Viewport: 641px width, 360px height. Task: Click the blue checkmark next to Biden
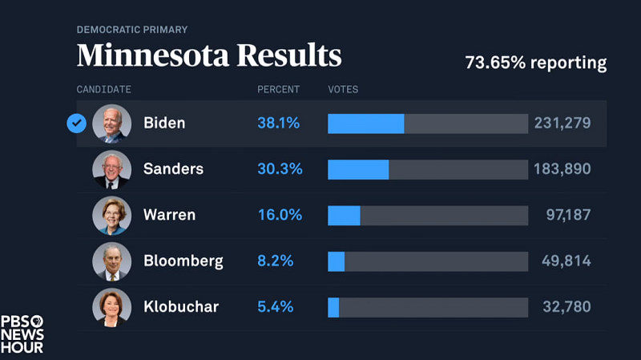coord(77,123)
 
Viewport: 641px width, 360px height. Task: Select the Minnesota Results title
coord(209,56)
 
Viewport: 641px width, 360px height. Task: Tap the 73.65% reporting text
coord(536,63)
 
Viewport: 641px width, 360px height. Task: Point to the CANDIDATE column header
coord(104,90)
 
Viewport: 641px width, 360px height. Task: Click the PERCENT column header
coord(278,90)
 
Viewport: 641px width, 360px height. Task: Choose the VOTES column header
coord(343,90)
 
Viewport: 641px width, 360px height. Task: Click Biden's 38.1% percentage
coord(278,123)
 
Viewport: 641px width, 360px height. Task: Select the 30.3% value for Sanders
coord(278,169)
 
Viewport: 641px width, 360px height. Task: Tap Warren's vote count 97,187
coord(563,215)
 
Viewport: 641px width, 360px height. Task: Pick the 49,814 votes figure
coord(563,261)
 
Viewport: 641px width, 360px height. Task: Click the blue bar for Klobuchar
coord(333,307)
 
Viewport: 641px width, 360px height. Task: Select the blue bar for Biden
coord(365,123)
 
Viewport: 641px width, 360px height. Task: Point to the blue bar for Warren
coord(344,215)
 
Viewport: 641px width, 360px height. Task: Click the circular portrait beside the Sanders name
coord(111,169)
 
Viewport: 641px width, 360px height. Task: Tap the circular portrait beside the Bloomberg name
coord(111,261)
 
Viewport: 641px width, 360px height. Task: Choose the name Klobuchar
coord(180,307)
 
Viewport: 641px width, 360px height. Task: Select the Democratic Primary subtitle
coord(132,30)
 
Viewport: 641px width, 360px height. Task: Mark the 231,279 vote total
coord(562,123)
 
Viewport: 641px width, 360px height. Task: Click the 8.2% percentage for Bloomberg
coord(275,261)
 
